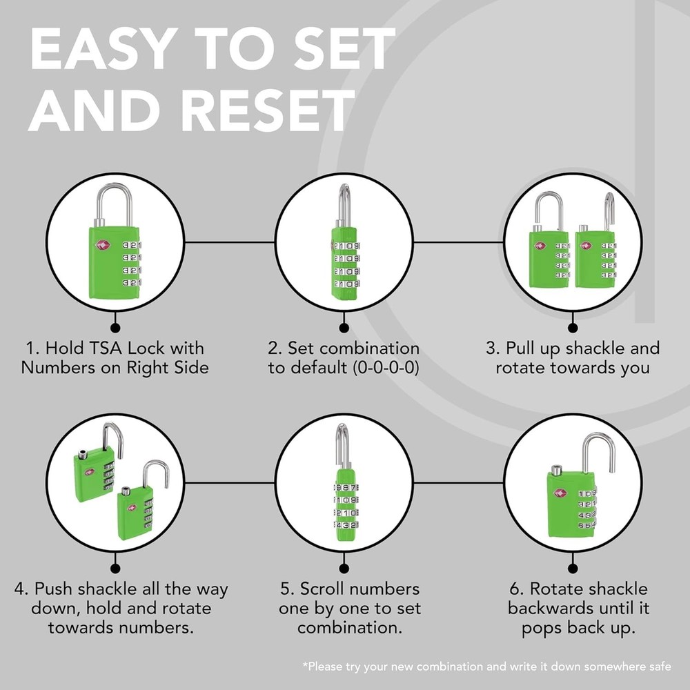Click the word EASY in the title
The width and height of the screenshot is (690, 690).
click(104, 48)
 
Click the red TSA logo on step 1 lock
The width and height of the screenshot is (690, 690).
click(103, 246)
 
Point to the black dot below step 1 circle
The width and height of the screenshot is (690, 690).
click(115, 328)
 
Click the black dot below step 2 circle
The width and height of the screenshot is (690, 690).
click(344, 328)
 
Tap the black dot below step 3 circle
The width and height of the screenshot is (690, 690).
click(573, 328)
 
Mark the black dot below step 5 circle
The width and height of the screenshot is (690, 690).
click(344, 569)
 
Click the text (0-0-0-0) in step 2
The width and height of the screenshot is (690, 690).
click(386, 368)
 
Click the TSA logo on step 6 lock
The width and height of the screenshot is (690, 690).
click(560, 493)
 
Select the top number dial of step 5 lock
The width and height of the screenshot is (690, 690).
click(346, 488)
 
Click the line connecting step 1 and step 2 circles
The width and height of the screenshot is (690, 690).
click(230, 242)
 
